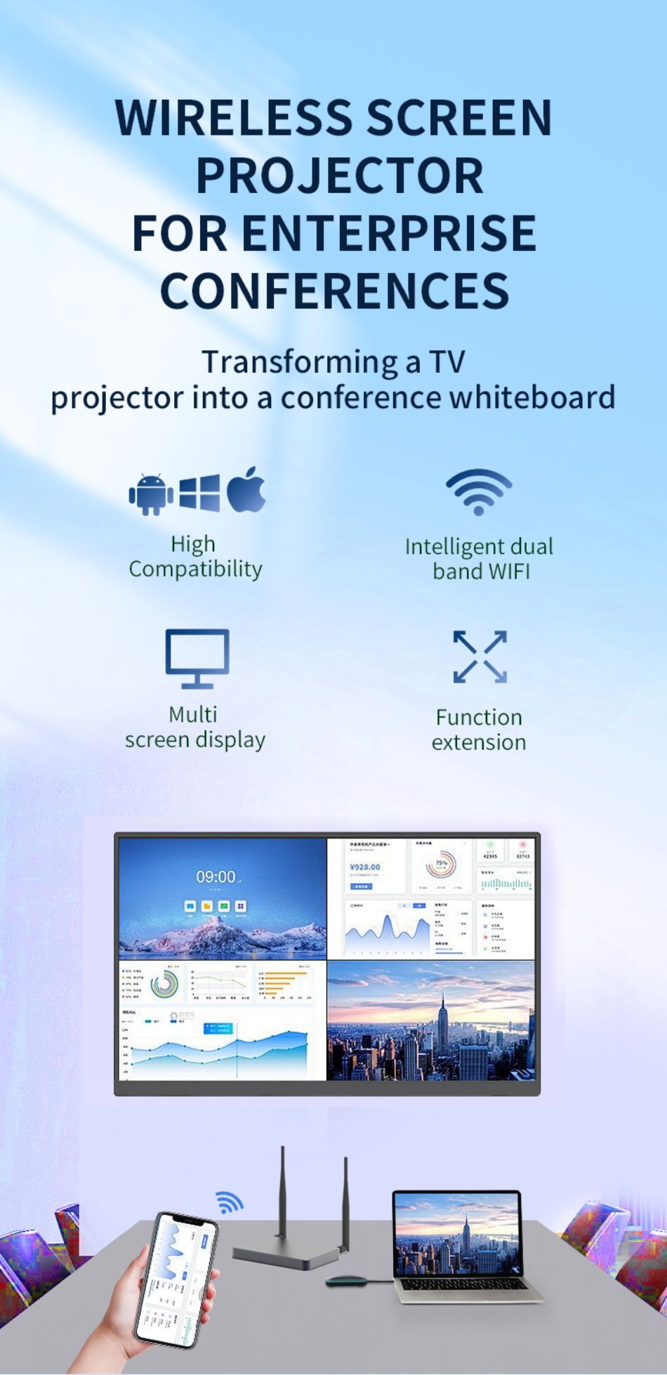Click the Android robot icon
point(151,494)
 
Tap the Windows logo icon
point(199,492)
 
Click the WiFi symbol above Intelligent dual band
point(479,492)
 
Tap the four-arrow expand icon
point(480,657)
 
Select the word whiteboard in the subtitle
point(531,397)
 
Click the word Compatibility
point(195,569)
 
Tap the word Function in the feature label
point(479,717)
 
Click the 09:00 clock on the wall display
point(216,876)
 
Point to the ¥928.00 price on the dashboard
point(365,867)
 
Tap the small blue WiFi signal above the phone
point(229,1202)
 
